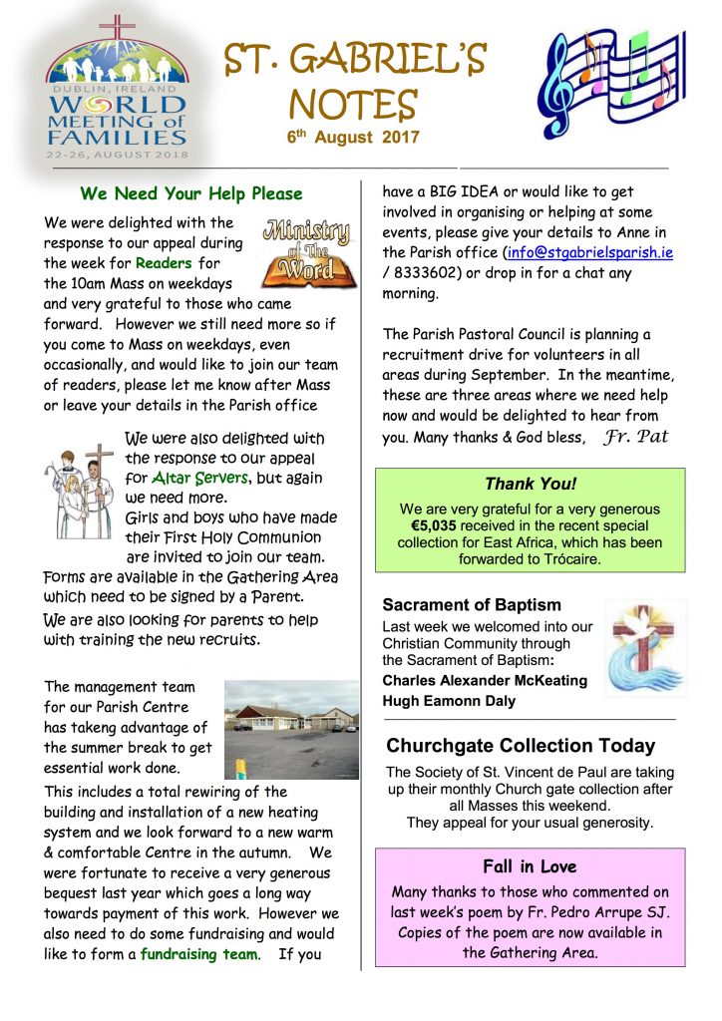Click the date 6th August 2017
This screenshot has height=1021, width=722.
(354, 138)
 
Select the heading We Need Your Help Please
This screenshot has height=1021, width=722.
(191, 193)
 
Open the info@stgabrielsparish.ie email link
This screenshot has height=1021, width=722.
(589, 253)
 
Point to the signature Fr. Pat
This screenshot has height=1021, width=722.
(635, 437)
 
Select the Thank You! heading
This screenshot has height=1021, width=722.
(530, 485)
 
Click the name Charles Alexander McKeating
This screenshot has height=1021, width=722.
(485, 680)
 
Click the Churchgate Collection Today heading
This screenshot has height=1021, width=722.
(521, 746)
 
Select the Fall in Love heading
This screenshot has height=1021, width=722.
(530, 865)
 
